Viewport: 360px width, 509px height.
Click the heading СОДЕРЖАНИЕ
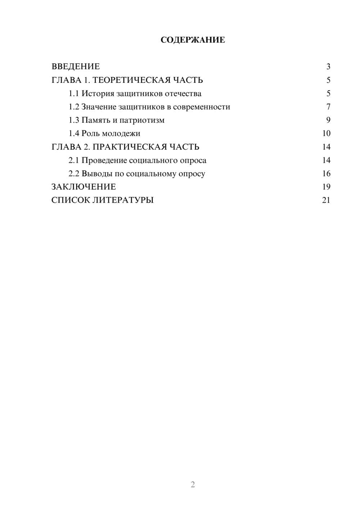coord(193,40)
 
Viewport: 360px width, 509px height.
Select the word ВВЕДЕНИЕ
coord(76,67)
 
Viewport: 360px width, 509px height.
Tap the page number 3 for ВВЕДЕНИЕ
coord(328,67)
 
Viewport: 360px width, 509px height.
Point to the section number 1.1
coord(74,94)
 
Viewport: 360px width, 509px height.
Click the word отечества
coord(183,94)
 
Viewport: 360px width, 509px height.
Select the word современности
coord(201,107)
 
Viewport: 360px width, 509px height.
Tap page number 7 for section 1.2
coord(328,107)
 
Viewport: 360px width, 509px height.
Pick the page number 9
coord(328,120)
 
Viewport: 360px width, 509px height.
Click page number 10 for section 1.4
coord(326,134)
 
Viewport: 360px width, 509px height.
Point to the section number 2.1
coord(74,160)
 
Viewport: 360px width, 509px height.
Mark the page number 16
coord(326,174)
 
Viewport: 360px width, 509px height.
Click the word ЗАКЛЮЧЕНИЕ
coord(84,187)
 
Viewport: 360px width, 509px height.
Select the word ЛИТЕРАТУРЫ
coord(123,200)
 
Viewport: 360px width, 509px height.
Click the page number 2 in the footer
coord(193,485)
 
